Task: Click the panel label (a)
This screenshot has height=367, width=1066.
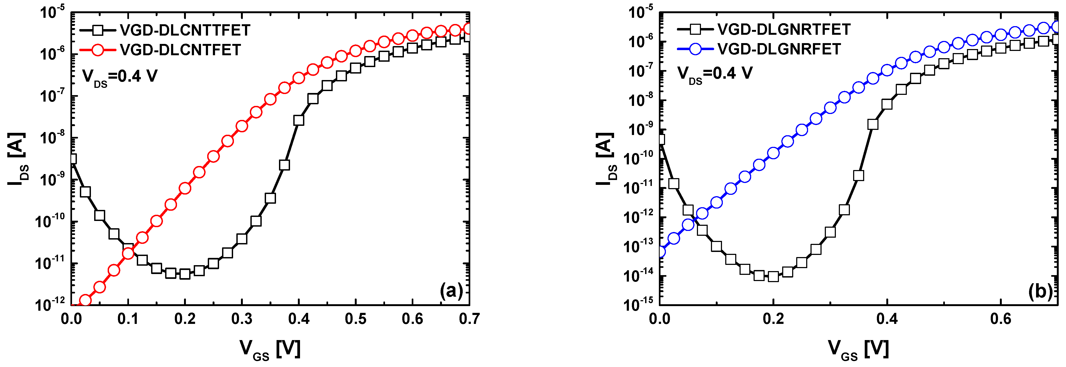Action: point(451,291)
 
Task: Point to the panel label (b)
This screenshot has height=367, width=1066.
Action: point(1040,291)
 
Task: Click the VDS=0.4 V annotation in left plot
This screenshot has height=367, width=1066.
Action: point(120,77)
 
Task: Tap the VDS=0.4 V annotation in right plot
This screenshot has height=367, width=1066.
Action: point(715,74)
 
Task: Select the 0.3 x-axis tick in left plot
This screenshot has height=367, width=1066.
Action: point(242,319)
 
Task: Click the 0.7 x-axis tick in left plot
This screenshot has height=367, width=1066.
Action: point(469,319)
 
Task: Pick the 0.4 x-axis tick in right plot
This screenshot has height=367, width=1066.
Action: point(887,319)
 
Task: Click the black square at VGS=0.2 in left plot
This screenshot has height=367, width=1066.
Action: point(185,273)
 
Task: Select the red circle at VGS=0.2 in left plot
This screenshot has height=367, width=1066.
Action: point(185,188)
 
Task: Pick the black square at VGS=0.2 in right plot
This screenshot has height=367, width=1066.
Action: point(773,276)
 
